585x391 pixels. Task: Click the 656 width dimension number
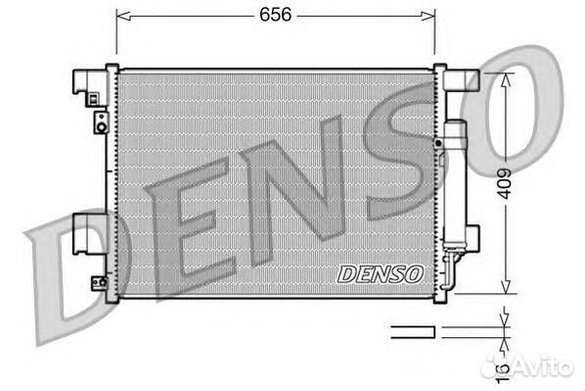[x=275, y=15]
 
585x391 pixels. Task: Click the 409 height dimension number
[x=505, y=183]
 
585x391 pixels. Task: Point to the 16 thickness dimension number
[x=503, y=371]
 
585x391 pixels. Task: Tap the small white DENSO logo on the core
[x=381, y=274]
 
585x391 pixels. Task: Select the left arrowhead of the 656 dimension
[x=123, y=16]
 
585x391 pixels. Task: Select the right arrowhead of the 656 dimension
[x=427, y=16]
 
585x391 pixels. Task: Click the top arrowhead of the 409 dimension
[x=506, y=80]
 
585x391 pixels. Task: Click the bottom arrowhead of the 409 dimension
[x=506, y=286]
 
